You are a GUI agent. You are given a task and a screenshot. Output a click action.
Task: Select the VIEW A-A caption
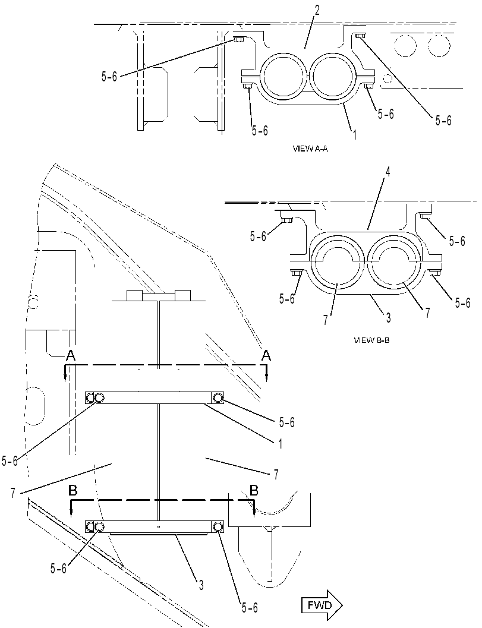point(310,149)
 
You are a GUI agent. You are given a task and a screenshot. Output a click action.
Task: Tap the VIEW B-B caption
point(372,340)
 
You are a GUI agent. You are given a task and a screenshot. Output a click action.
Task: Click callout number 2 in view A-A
point(317,11)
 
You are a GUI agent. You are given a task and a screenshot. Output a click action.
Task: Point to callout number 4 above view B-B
point(388,172)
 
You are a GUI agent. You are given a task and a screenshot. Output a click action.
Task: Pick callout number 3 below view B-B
point(388,318)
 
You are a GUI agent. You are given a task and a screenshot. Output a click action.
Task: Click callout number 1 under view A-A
point(355,134)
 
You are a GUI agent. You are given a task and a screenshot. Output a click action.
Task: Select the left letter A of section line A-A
point(71,355)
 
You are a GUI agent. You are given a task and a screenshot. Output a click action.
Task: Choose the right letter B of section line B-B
point(254,490)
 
